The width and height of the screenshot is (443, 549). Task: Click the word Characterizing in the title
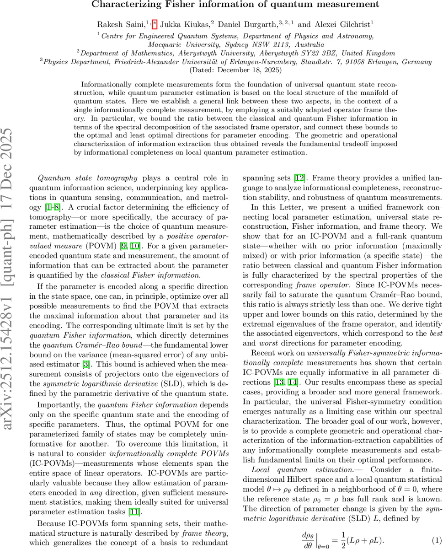click(121, 5)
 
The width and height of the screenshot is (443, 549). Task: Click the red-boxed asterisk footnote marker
click(155, 23)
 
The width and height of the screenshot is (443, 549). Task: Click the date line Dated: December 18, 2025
click(235, 70)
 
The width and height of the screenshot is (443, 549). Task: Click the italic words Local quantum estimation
click(302, 469)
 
